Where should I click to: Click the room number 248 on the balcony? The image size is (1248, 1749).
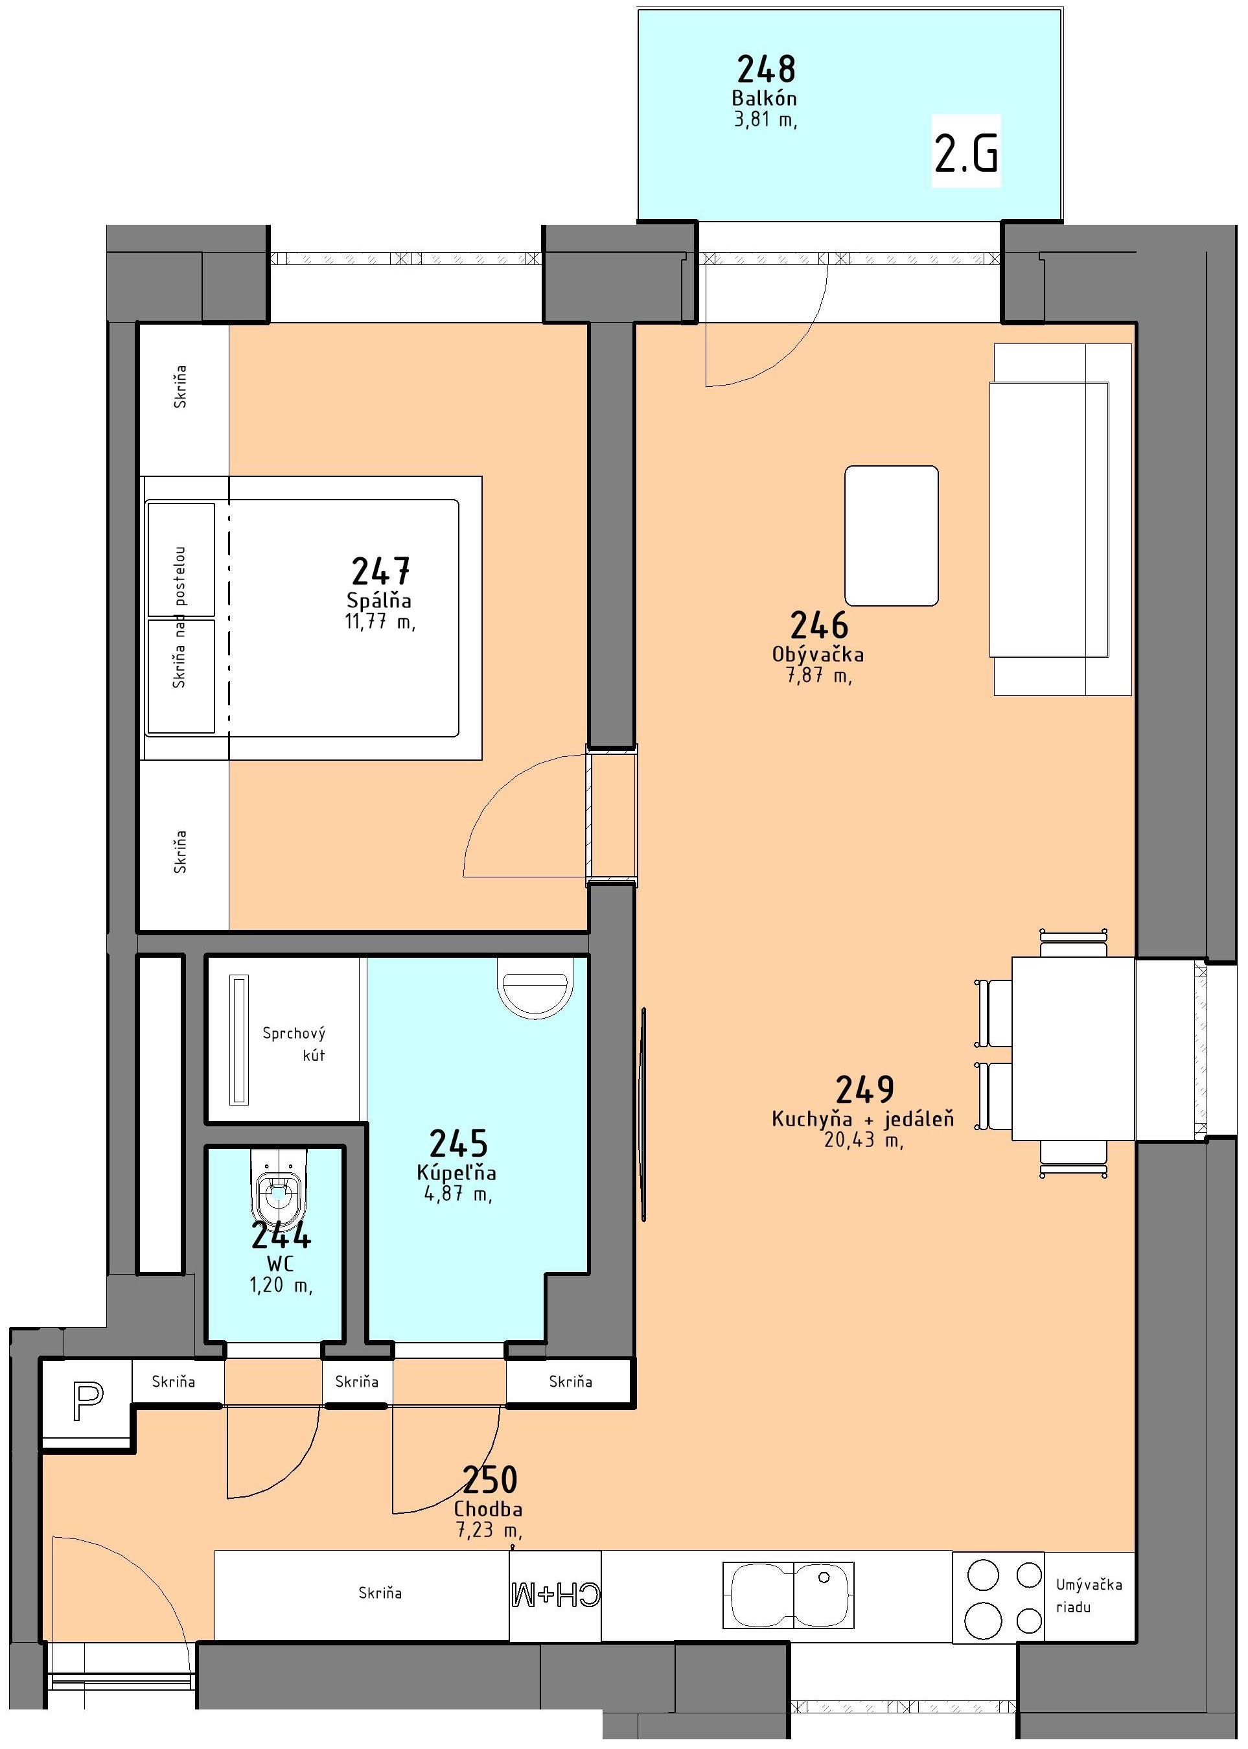(x=766, y=69)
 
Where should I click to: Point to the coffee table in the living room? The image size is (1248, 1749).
(x=892, y=536)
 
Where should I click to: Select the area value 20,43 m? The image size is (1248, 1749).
(x=863, y=1140)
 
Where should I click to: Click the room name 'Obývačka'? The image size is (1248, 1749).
(x=818, y=654)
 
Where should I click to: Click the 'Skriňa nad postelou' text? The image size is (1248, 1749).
(x=179, y=617)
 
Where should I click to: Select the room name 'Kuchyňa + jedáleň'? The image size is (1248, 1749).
(x=863, y=1119)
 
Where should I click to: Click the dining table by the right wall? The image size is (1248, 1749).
(x=1074, y=1048)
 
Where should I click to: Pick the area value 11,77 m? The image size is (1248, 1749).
(x=380, y=621)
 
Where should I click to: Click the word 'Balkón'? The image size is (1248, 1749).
(x=764, y=98)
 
